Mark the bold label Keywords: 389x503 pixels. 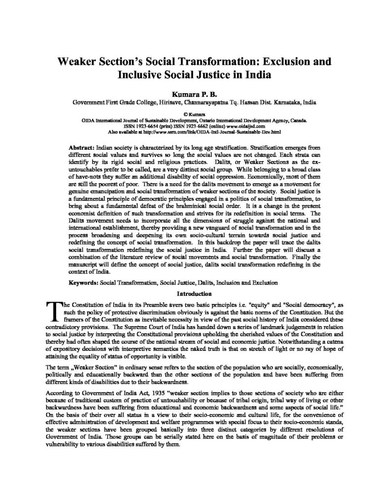(x=83, y=283)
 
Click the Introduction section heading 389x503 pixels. (x=194, y=294)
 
